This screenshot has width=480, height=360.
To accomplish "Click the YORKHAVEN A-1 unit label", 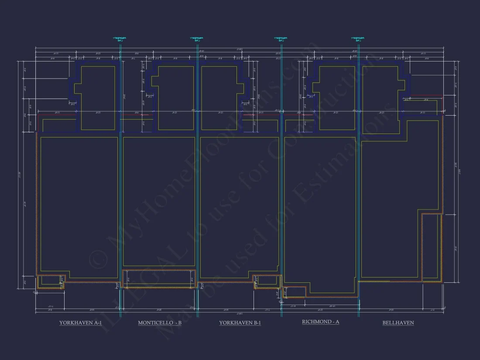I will (81, 323).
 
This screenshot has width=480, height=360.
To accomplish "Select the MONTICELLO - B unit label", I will (160, 323).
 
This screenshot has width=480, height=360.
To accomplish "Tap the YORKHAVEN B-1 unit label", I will (240, 323).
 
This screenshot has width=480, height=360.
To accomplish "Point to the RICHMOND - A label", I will (321, 322).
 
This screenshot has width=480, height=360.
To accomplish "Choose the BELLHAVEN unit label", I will (398, 323).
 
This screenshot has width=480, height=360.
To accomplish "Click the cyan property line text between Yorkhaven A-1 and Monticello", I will (120, 39).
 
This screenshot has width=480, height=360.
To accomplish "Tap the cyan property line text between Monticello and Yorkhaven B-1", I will (197, 39).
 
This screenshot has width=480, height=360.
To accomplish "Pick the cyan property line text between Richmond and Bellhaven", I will (358, 39).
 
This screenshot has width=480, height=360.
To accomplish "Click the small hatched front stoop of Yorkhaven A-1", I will (50, 281).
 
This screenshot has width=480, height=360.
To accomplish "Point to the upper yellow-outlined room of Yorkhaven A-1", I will (99, 98).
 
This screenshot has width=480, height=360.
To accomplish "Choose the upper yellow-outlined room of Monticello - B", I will (176, 98).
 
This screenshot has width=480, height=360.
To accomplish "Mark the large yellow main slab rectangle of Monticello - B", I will (159, 201).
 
